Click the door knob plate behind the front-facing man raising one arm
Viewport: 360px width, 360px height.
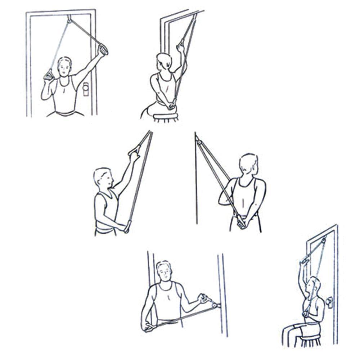tap(86, 89)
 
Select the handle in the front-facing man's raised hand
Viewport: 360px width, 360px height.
tap(103, 49)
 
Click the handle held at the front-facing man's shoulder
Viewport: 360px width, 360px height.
tap(48, 75)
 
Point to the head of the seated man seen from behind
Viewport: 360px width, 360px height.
tap(164, 62)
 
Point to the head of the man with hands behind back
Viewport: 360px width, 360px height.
tap(249, 164)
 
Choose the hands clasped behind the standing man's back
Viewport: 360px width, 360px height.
tap(240, 223)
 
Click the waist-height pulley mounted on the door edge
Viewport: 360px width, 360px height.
tap(215, 306)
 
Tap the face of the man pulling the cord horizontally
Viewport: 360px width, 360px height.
tap(164, 273)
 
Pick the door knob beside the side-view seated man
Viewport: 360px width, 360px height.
tap(329, 302)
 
